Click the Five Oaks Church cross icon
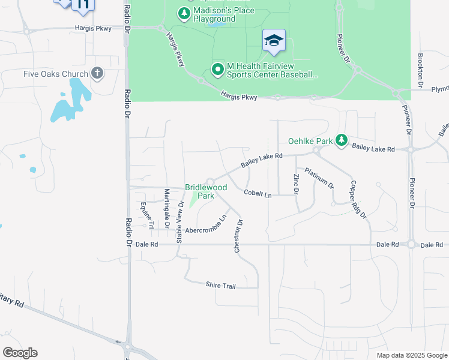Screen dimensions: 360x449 [x=97, y=74]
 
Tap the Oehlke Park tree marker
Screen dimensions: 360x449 [x=342, y=140]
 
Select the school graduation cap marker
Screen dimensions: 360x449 [x=274, y=41]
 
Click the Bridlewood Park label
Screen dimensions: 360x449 [x=206, y=191]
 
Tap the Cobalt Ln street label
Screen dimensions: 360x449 [x=258, y=193]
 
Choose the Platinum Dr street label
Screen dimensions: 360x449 [x=319, y=178]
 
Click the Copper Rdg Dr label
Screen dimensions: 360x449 [x=358, y=199]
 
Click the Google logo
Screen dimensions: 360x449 [x=20, y=353]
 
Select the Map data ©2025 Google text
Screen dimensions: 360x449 [x=411, y=355]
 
